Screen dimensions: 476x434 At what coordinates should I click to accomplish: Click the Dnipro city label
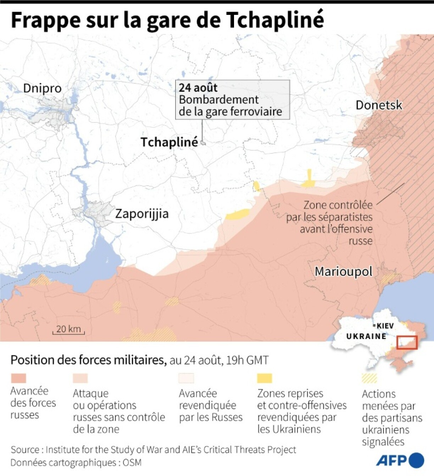pos(42,88)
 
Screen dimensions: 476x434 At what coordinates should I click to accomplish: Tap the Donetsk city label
pos(379,105)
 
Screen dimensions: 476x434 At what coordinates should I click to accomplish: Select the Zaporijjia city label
pos(142,214)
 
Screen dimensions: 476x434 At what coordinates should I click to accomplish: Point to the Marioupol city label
pos(343,272)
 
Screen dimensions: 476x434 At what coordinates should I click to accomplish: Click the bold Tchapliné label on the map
pos(169,142)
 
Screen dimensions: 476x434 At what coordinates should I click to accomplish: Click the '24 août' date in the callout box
pos(198,88)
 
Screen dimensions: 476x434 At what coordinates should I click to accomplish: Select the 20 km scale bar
pos(68,330)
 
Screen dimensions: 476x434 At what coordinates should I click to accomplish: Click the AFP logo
pos(400,460)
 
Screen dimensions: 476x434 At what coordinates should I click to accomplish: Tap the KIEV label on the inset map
pos(385,325)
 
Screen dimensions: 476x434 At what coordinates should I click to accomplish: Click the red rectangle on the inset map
pos(407,343)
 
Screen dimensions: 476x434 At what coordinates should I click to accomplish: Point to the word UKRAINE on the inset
pos(366,336)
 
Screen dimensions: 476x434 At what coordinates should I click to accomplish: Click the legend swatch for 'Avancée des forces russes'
pos(18,378)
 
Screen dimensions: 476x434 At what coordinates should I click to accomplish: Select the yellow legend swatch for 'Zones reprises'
pos(265,378)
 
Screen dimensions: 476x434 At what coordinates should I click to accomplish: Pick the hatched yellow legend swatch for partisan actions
pos(369,378)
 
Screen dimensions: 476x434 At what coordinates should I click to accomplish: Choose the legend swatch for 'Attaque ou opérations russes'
pos(80,378)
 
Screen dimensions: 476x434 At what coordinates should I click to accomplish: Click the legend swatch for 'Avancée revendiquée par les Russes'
pos(187,378)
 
